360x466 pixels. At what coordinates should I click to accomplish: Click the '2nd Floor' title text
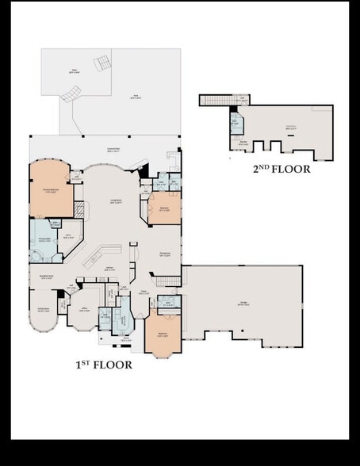pyautogui.click(x=281, y=169)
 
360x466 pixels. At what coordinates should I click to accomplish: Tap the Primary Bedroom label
pyautogui.click(x=50, y=191)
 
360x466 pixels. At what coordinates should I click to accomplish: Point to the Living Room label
pyautogui.click(x=116, y=201)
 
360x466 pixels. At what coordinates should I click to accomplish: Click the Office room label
pyautogui.click(x=84, y=310)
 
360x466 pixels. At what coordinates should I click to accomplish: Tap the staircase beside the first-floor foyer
pyautogui.click(x=167, y=281)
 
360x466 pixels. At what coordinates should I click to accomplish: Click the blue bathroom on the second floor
pyautogui.click(x=236, y=122)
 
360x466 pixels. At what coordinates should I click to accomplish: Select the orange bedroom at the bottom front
pyautogui.click(x=163, y=334)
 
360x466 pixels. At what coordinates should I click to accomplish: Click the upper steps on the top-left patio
pyautogui.click(x=102, y=63)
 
